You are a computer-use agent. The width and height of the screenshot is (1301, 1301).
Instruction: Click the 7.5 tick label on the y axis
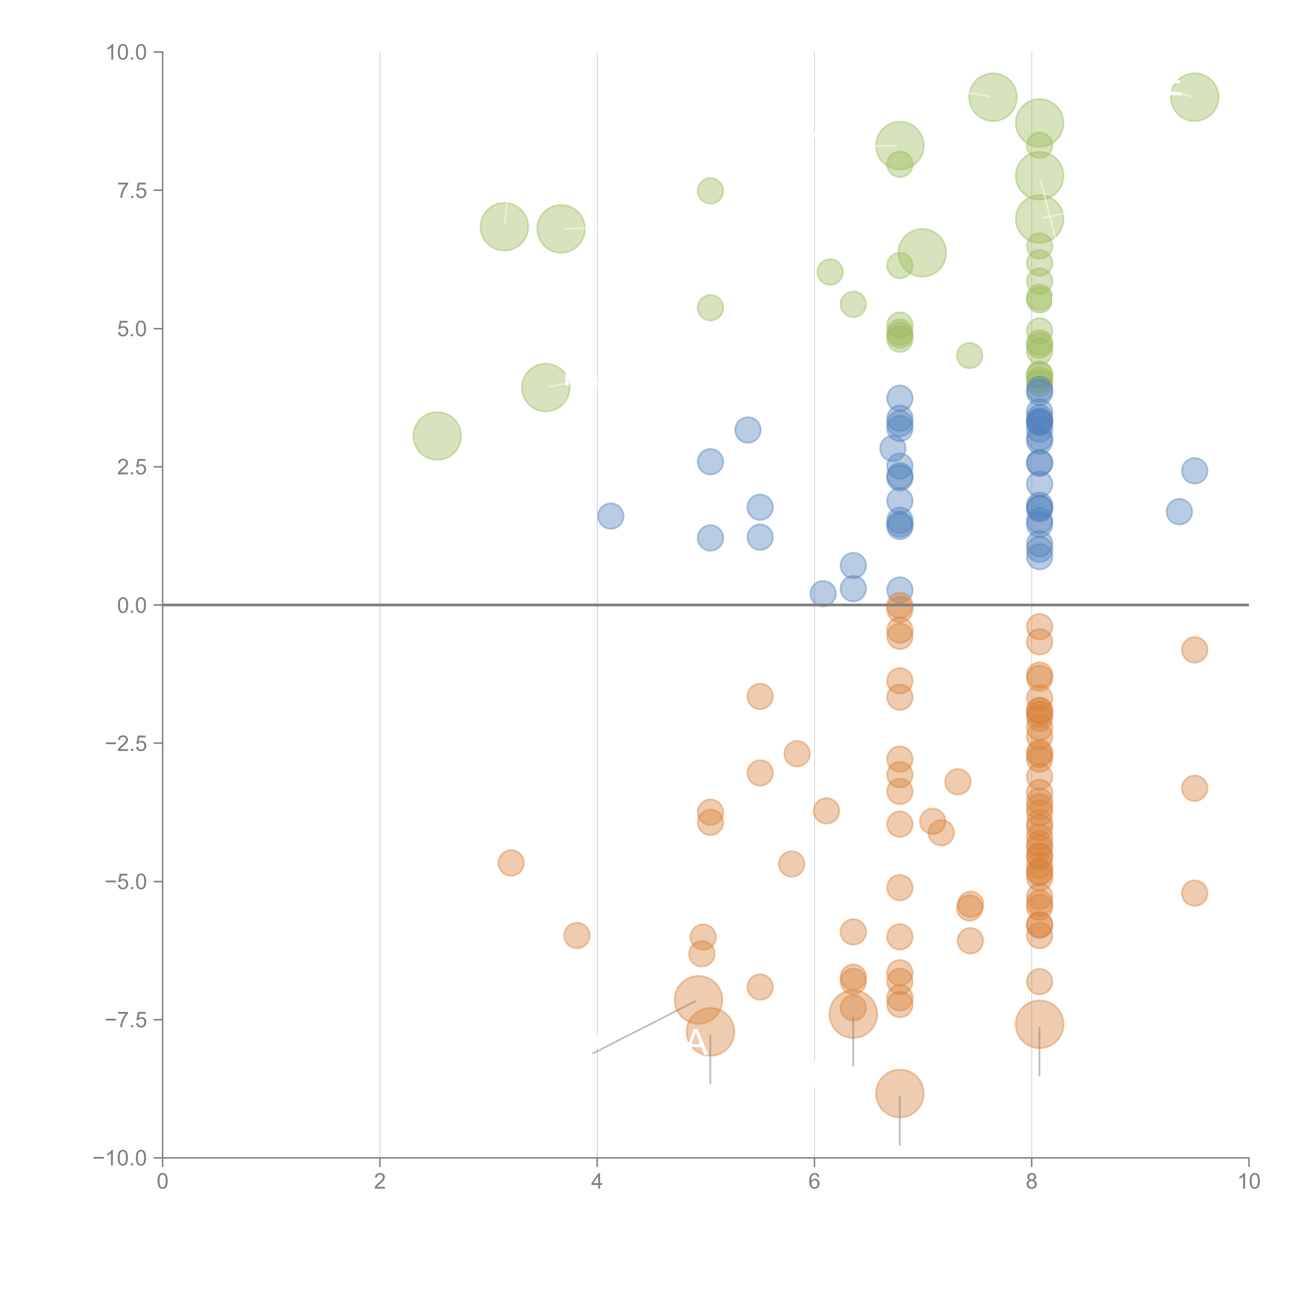[132, 190]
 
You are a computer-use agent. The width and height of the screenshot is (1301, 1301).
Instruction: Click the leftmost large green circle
[437, 436]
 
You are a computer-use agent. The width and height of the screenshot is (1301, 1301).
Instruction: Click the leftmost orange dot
[511, 863]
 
